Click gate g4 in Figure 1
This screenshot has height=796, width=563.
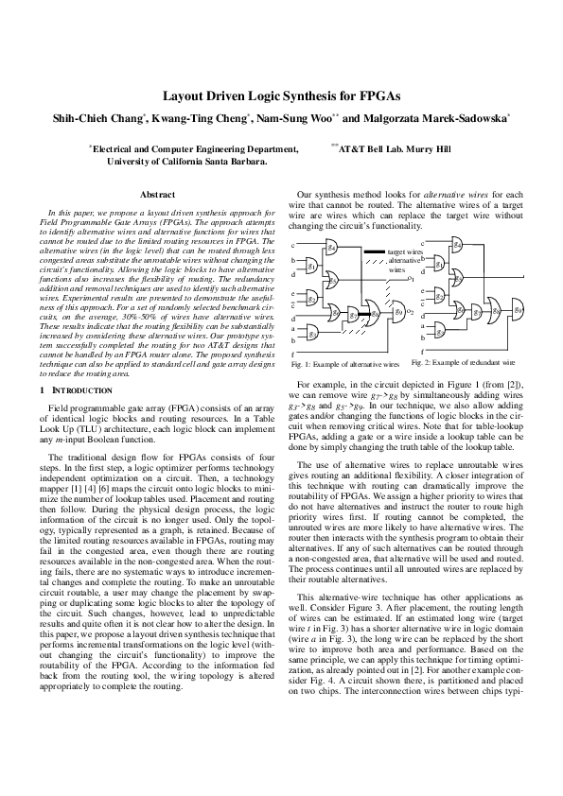(331, 248)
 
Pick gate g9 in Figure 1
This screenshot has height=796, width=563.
(398, 311)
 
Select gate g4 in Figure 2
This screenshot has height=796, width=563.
(458, 244)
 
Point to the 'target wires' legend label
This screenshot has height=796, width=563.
(404, 252)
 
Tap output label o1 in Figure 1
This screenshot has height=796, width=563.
(410, 279)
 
